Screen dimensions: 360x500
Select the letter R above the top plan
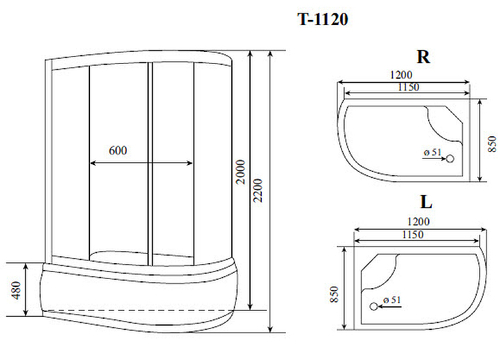(x=423, y=57)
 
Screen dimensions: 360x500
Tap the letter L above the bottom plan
(x=423, y=200)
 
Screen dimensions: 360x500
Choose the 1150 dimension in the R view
(x=404, y=88)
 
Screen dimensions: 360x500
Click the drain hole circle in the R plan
(x=448, y=158)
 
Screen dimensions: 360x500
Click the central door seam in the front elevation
(x=151, y=165)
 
